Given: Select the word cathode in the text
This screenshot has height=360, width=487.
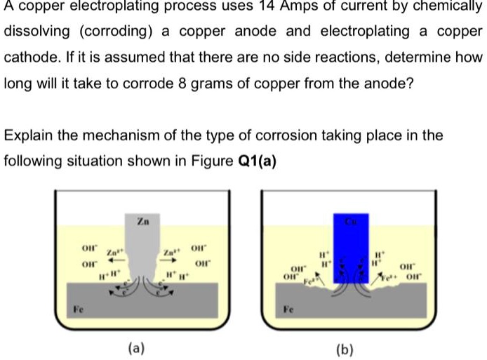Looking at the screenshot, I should click(x=30, y=58).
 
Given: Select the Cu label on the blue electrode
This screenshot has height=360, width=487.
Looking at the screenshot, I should click(x=349, y=221).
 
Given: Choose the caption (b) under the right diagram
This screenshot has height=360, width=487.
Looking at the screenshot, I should click(x=345, y=347).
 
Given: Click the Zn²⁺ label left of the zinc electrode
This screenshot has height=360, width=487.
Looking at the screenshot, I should click(x=114, y=252).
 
